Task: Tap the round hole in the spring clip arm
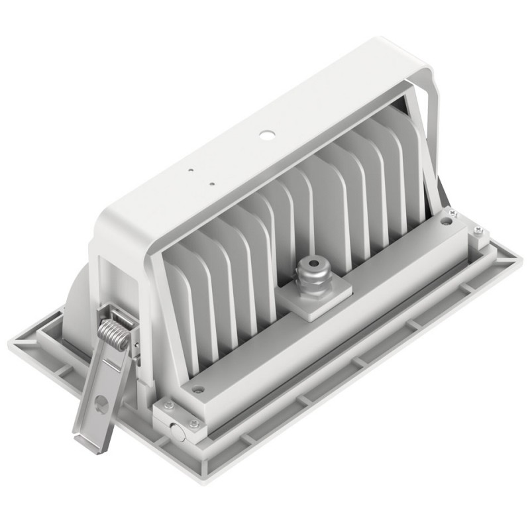[x=101, y=401]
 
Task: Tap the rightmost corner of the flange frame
[x=522, y=254]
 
